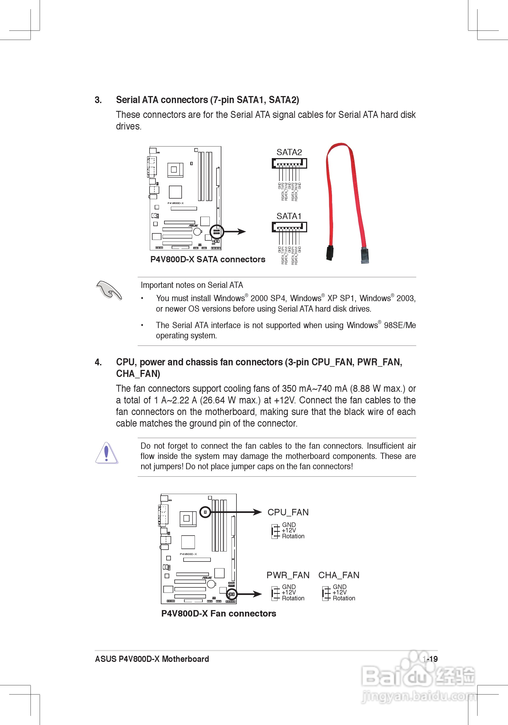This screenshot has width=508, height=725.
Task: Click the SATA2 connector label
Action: (x=289, y=152)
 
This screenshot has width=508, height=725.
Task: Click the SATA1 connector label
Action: (x=289, y=216)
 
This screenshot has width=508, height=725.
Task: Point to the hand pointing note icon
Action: (x=108, y=290)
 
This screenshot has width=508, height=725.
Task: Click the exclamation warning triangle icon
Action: (x=106, y=453)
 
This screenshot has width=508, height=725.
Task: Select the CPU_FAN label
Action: (x=288, y=512)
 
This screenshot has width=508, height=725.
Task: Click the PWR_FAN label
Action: (x=288, y=575)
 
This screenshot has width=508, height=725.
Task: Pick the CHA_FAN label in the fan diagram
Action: (x=339, y=575)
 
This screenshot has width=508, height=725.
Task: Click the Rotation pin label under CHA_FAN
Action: (x=344, y=598)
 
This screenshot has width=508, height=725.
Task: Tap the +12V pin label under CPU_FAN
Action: (x=289, y=530)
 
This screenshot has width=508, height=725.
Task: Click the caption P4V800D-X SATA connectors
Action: (x=208, y=260)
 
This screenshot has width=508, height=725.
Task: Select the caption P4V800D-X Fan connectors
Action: (x=219, y=613)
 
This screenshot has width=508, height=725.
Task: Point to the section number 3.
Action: (x=98, y=100)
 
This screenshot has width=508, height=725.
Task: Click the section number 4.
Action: (x=98, y=362)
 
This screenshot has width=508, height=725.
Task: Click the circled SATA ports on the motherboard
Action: (x=217, y=232)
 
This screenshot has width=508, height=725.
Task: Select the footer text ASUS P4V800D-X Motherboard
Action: (x=152, y=659)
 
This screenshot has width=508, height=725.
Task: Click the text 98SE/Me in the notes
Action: (x=400, y=325)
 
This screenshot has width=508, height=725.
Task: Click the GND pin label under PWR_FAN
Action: (x=289, y=587)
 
